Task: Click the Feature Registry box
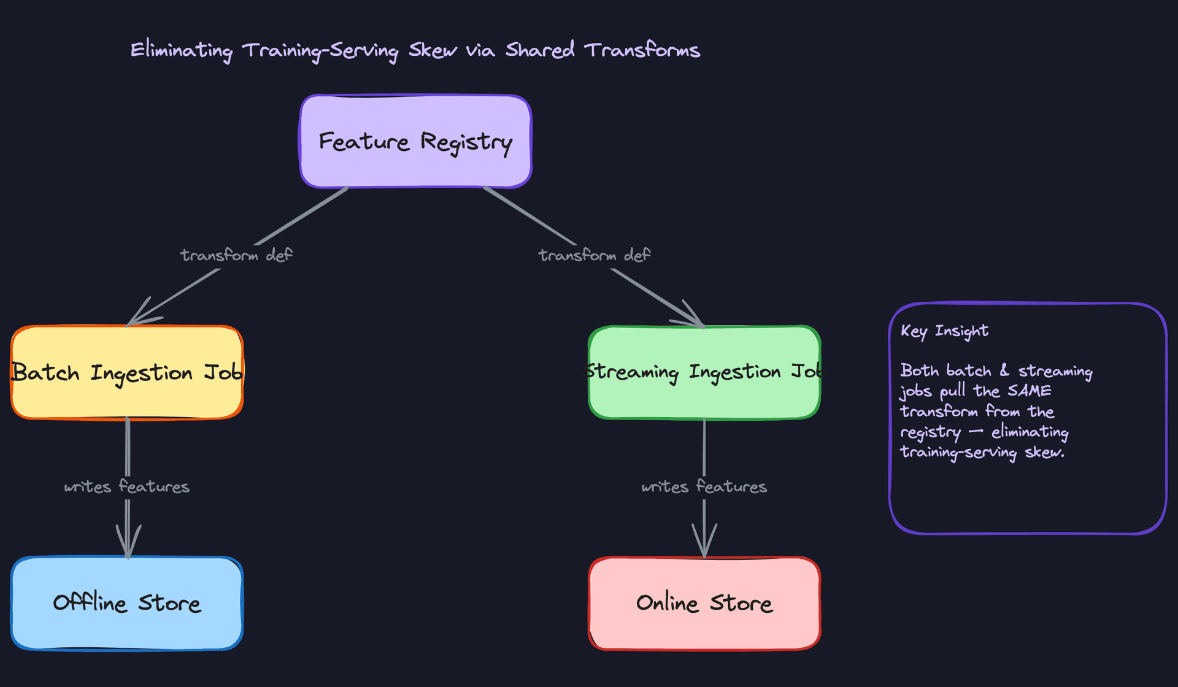tap(415, 141)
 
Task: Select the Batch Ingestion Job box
tap(127, 372)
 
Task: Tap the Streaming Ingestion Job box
tap(704, 372)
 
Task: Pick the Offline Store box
tap(127, 603)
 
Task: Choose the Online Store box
tap(704, 603)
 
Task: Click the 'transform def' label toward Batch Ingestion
tap(236, 255)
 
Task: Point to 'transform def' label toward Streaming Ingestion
tap(594, 255)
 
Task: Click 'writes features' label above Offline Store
tap(127, 487)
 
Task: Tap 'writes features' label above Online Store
tap(704, 487)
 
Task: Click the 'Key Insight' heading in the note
tap(944, 331)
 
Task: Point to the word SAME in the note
tap(1029, 391)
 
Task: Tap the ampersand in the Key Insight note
tap(1004, 370)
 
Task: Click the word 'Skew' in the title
tap(433, 50)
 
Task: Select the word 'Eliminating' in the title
tap(182, 50)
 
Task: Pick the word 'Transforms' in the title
tap(642, 50)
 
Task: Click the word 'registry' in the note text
tap(930, 433)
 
